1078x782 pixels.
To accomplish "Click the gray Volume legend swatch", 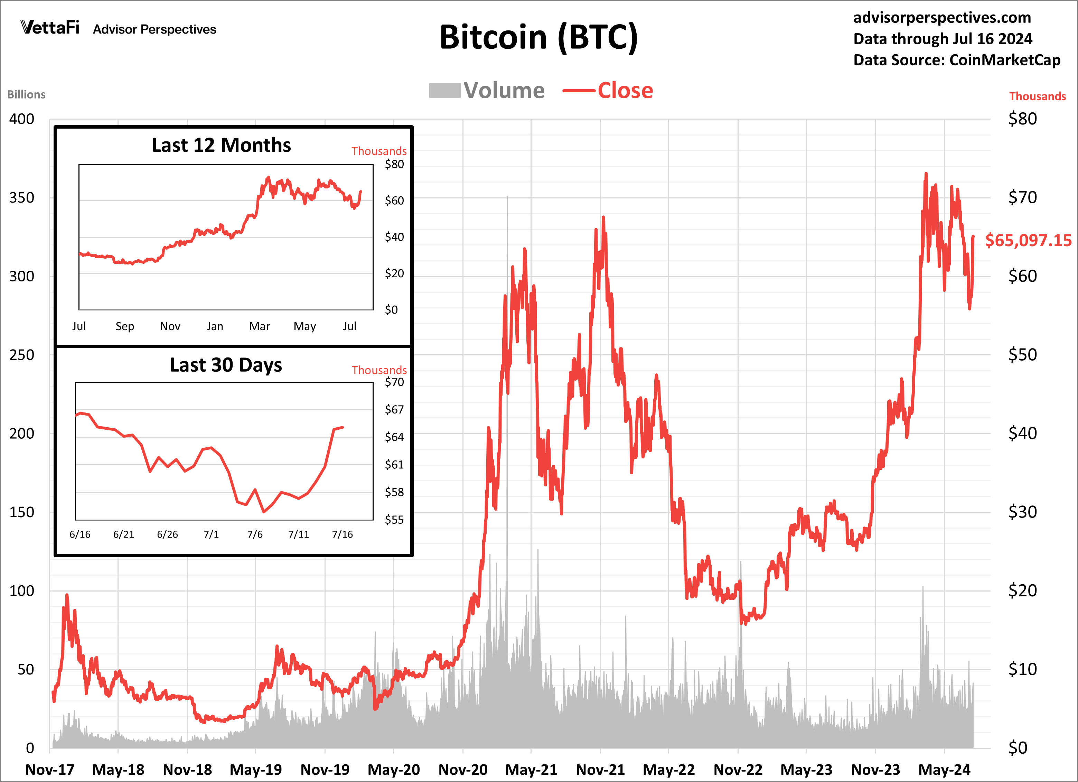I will [x=444, y=90].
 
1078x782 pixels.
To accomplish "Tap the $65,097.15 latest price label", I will [x=1028, y=240].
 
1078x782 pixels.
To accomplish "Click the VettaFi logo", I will [x=50, y=28].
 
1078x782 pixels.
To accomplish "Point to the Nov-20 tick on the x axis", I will [x=463, y=770].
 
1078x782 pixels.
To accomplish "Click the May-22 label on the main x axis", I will [x=669, y=770].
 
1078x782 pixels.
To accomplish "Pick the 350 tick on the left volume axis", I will [x=22, y=198].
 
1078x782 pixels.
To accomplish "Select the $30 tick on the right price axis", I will [x=1022, y=512].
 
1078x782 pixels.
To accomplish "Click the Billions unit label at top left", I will [x=26, y=95].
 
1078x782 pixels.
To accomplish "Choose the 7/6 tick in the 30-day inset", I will [x=255, y=534].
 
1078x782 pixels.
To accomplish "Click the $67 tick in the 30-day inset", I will [x=394, y=409].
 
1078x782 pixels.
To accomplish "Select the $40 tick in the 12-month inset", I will [x=394, y=237].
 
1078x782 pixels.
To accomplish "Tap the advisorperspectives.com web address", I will [x=942, y=18].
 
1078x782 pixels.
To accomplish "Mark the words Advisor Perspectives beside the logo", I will [x=154, y=29].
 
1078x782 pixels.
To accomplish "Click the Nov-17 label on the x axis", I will [x=50, y=770].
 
